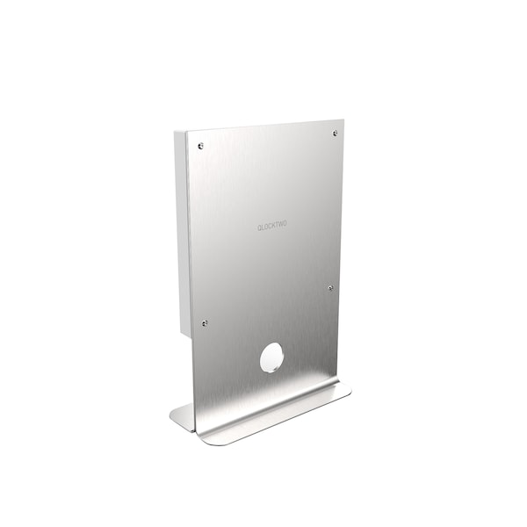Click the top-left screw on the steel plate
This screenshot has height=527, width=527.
[x=201, y=146]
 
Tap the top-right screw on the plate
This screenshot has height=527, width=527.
[x=336, y=134]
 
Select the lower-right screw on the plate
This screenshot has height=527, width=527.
[x=330, y=287]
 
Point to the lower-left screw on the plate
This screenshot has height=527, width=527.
[x=206, y=322]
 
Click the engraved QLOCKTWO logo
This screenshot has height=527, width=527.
[x=271, y=226]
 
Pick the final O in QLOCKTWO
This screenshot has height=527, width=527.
[x=285, y=225]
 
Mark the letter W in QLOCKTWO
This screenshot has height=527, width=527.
[x=280, y=225]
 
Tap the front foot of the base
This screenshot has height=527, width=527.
[x=281, y=417]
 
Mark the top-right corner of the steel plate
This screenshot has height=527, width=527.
[x=343, y=119]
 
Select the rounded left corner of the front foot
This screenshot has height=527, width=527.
[x=204, y=439]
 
